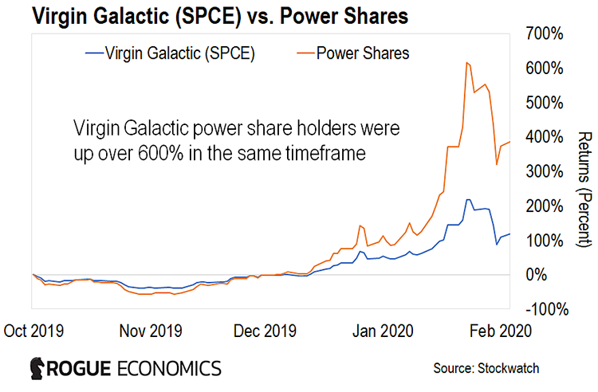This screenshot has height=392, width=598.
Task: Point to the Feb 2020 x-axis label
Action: tap(494, 329)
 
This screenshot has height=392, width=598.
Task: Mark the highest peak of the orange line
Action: tap(467, 62)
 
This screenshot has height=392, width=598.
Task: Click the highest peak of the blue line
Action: tap(468, 199)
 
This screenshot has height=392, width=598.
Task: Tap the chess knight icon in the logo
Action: tap(37, 368)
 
